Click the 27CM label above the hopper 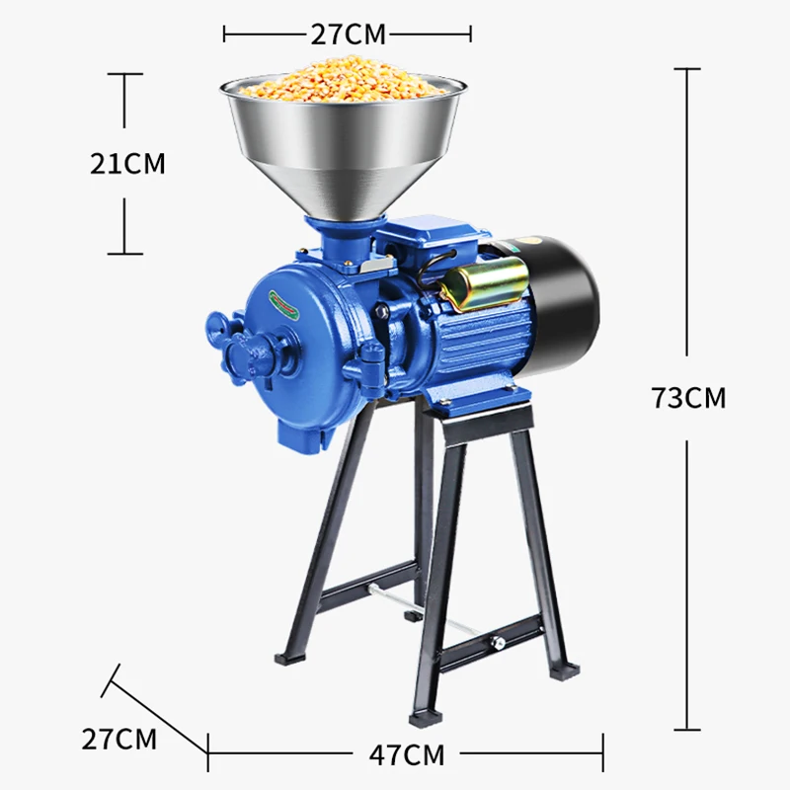pos(348,34)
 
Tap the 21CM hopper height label pos(127,163)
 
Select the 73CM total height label pos(688,398)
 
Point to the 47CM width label pos(406,755)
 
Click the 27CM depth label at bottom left pos(118,739)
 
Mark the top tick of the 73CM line pos(687,69)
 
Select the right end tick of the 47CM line pos(602,755)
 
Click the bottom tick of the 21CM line pos(125,254)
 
